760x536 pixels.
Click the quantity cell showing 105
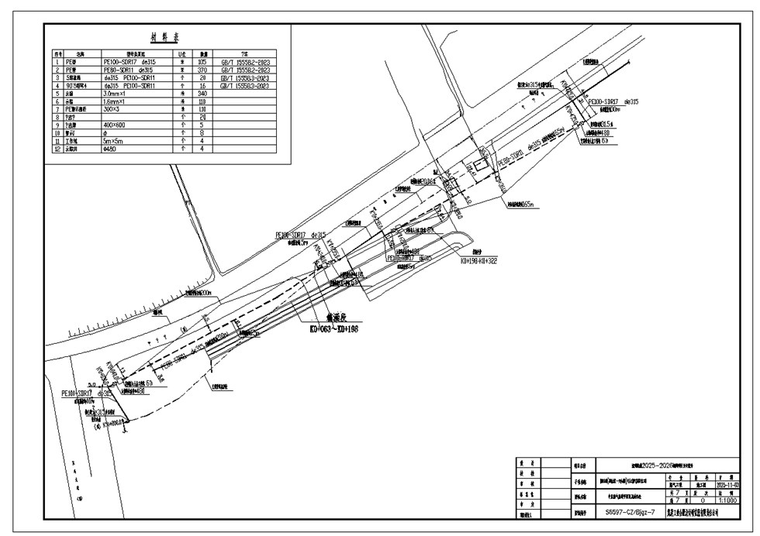(x=203, y=59)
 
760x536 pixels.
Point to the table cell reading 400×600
(x=120, y=124)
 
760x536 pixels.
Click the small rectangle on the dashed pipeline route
(x=481, y=166)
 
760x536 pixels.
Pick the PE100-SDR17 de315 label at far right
(x=613, y=101)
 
